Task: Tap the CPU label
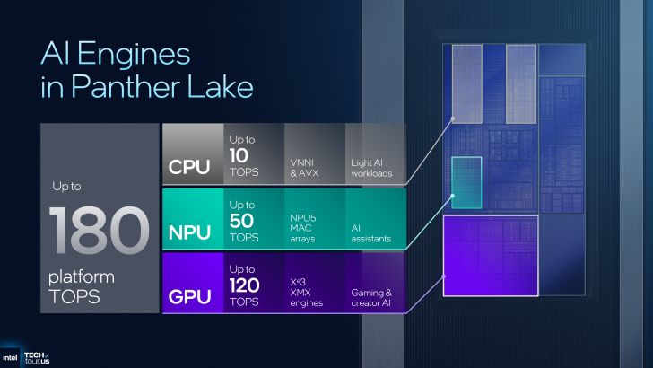coord(189,167)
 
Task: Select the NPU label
coord(189,232)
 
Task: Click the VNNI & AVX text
coord(306,167)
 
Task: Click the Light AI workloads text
coord(371,167)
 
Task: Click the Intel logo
coord(13,354)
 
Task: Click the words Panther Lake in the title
coord(146,88)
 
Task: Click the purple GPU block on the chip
coord(489,256)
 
